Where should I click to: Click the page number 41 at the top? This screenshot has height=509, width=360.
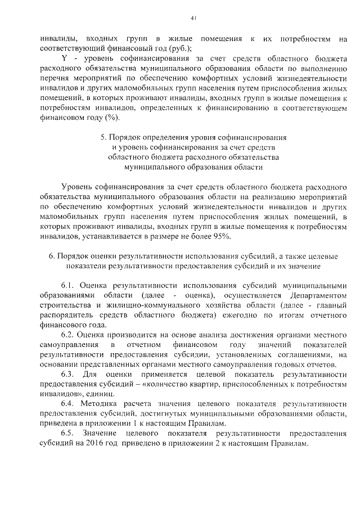[x=192, y=18]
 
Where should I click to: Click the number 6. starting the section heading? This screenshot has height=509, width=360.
[x=52, y=256]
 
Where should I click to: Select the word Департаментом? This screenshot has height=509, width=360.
[x=317, y=295]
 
